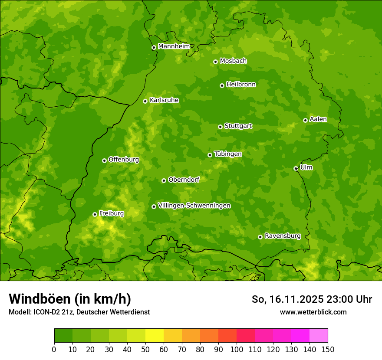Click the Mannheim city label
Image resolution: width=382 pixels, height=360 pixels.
tap(174, 46)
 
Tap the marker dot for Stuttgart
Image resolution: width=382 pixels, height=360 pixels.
tap(220, 127)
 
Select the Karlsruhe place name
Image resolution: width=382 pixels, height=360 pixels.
tap(164, 100)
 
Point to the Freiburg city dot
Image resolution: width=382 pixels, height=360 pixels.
tap(95, 214)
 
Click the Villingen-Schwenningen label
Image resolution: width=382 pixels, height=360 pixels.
tap(194, 206)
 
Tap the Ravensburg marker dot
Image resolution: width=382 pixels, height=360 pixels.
tap(260, 237)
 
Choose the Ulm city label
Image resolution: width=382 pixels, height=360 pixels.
tap(306, 167)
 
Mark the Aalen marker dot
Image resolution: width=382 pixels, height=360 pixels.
tap(305, 120)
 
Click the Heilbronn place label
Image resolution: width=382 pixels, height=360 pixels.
tap(241, 85)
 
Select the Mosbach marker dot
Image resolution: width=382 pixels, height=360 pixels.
tap(215, 62)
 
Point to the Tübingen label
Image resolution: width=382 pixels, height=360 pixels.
tap(228, 154)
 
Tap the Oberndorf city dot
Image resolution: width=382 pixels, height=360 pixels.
tap(164, 180)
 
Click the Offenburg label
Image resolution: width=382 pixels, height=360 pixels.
tap(124, 160)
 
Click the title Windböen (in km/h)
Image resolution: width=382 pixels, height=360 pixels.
tap(70, 299)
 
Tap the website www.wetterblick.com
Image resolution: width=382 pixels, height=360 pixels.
tap(313, 312)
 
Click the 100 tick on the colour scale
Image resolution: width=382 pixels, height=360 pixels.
tap(237, 349)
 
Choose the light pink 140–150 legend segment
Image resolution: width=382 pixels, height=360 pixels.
tap(319, 336)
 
